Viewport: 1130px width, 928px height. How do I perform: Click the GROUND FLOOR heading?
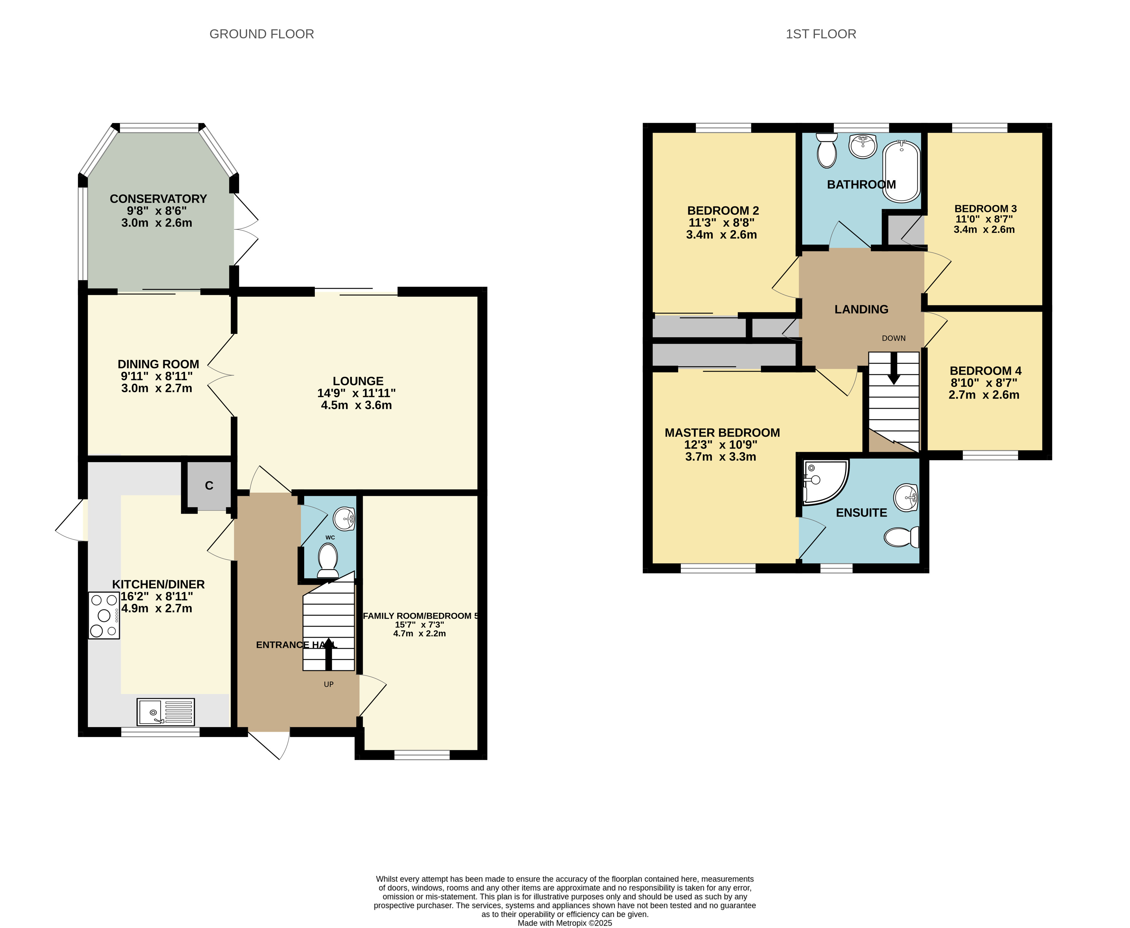[x=261, y=34]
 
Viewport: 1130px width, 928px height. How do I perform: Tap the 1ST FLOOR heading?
[x=820, y=34]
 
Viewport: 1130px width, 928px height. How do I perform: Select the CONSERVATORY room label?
[x=158, y=199]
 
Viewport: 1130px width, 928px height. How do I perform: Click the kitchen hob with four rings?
[x=104, y=615]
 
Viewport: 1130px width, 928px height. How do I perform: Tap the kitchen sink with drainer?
[x=166, y=711]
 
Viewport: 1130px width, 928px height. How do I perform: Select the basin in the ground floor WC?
[x=344, y=518]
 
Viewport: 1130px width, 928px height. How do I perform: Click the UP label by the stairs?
[x=329, y=684]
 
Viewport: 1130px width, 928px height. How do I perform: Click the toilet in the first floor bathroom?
[x=827, y=151]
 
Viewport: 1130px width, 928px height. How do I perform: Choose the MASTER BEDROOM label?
[x=722, y=433]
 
